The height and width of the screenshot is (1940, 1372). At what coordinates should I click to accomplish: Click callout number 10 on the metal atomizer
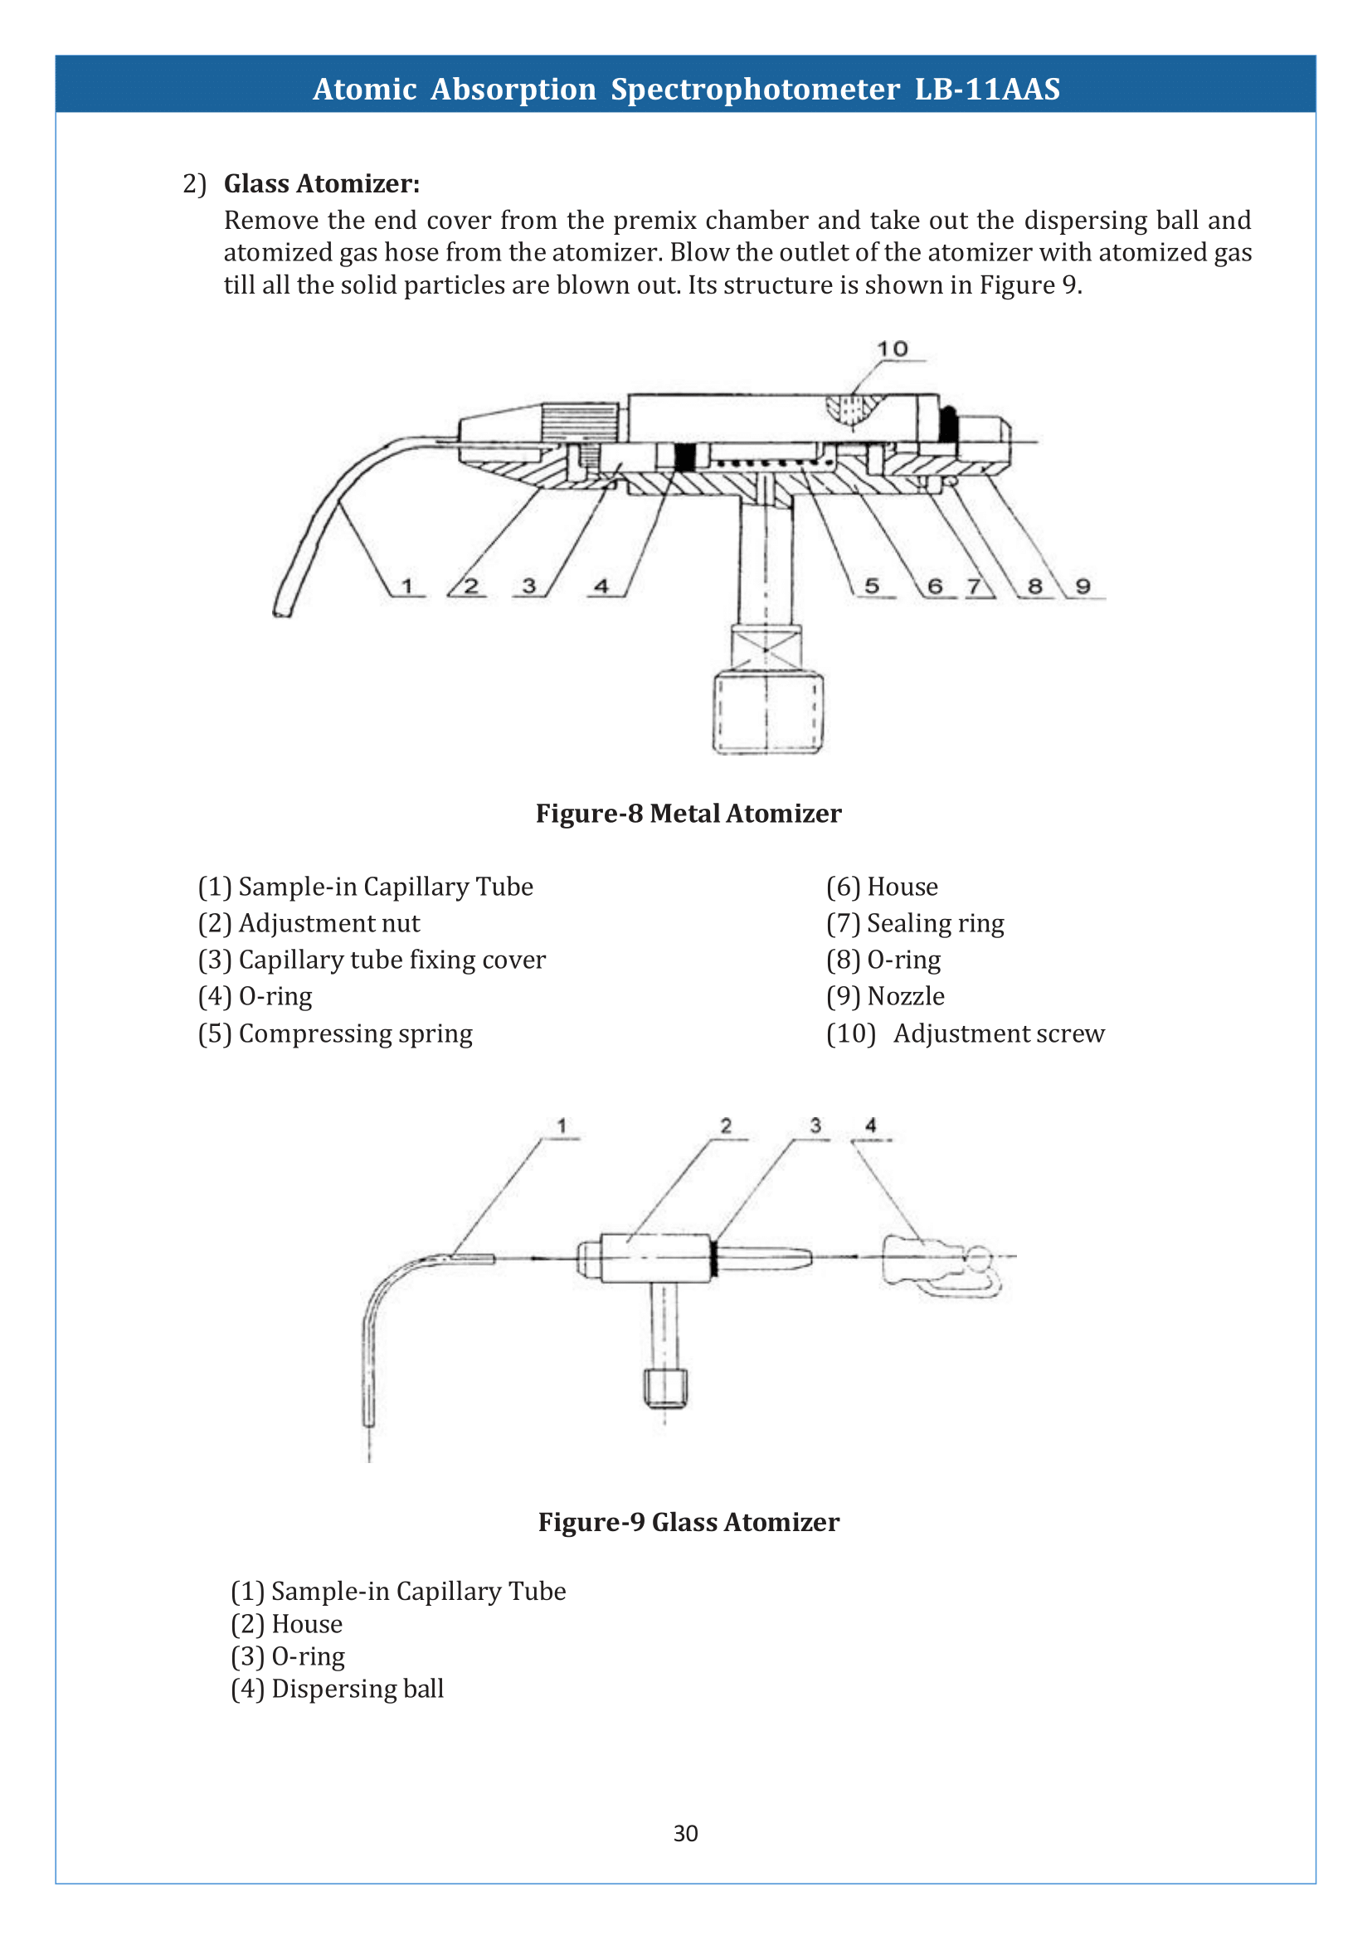(893, 349)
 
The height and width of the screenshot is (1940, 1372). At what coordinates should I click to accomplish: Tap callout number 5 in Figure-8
(872, 586)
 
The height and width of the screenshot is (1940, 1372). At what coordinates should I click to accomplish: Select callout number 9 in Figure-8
(1083, 586)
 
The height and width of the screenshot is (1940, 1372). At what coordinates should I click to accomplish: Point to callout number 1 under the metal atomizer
(407, 586)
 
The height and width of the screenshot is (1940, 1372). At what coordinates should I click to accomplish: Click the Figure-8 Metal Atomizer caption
(688, 813)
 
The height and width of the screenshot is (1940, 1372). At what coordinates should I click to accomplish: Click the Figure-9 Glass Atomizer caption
(688, 1522)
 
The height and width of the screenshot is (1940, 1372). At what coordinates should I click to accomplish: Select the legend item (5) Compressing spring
(335, 1033)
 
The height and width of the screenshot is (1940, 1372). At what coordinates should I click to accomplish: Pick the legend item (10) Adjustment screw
(965, 1033)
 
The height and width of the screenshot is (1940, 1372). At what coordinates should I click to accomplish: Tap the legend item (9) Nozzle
(884, 996)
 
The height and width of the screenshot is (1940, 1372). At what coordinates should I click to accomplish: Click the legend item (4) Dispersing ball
(337, 1688)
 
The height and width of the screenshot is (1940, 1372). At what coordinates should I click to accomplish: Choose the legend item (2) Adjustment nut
(309, 923)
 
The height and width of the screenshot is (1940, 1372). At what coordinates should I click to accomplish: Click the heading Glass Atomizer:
(321, 183)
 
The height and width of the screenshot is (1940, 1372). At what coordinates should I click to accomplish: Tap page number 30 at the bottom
(685, 1833)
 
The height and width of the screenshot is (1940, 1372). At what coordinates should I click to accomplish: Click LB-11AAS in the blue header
(987, 89)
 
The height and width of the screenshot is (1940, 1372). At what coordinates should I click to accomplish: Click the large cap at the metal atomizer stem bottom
(767, 712)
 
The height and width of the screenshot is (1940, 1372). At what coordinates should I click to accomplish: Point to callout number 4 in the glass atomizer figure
(870, 1126)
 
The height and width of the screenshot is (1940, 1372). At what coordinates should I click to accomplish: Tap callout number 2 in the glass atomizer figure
(726, 1126)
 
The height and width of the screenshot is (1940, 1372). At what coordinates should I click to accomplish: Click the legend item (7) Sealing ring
(915, 923)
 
